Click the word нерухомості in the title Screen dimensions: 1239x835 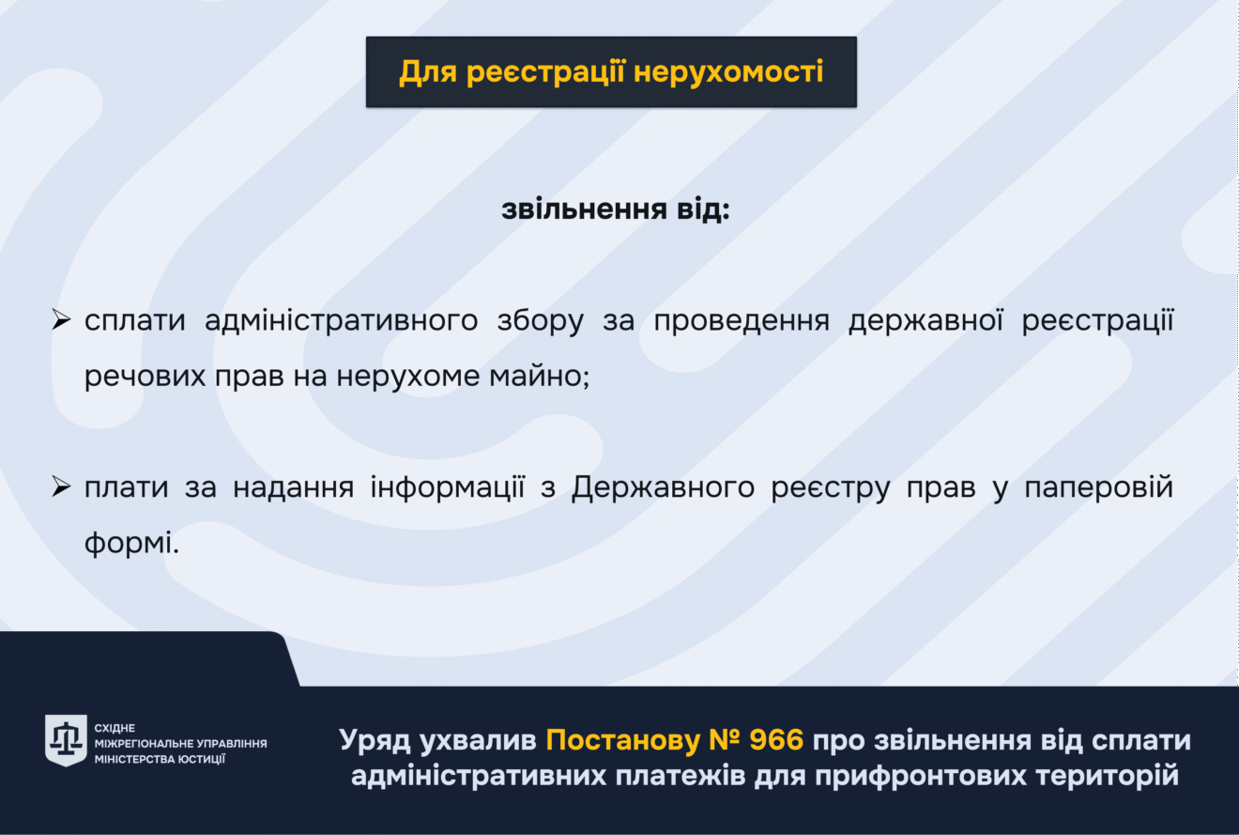tap(728, 72)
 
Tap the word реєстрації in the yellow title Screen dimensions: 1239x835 tap(545, 72)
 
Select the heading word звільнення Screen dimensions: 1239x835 tap(584, 209)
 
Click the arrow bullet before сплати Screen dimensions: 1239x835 tap(61, 319)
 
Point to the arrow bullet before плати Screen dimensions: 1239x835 tap(61, 487)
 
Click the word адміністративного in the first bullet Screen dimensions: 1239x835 tap(342, 321)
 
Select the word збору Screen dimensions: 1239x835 tap(541, 321)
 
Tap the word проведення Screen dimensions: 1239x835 tap(742, 322)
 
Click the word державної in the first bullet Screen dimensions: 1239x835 tap(925, 322)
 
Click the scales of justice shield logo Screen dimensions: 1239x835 tap(66, 740)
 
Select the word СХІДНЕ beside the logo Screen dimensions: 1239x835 tap(115, 728)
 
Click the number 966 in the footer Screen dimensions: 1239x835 tap(776, 740)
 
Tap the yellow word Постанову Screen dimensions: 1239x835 tap(623, 741)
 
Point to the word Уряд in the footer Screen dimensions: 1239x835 tap(375, 741)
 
